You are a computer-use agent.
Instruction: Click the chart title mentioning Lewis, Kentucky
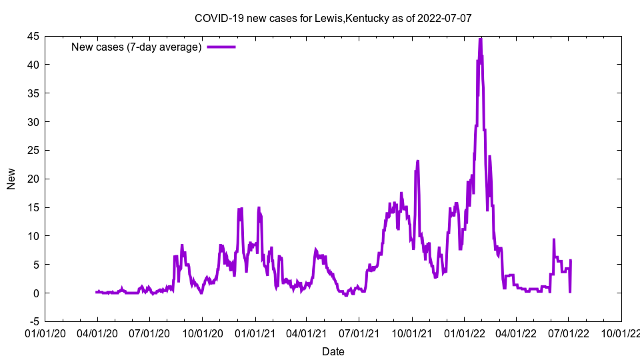(x=333, y=18)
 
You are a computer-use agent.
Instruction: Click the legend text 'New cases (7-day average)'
(x=137, y=47)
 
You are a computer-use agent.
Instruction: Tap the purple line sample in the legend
(x=221, y=47)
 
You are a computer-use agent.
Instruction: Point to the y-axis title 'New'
(x=11, y=179)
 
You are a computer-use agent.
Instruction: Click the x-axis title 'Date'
(x=333, y=351)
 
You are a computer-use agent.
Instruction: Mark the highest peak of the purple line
(x=480, y=39)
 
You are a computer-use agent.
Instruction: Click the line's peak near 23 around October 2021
(x=418, y=161)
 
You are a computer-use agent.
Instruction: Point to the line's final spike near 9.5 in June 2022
(x=553, y=239)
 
